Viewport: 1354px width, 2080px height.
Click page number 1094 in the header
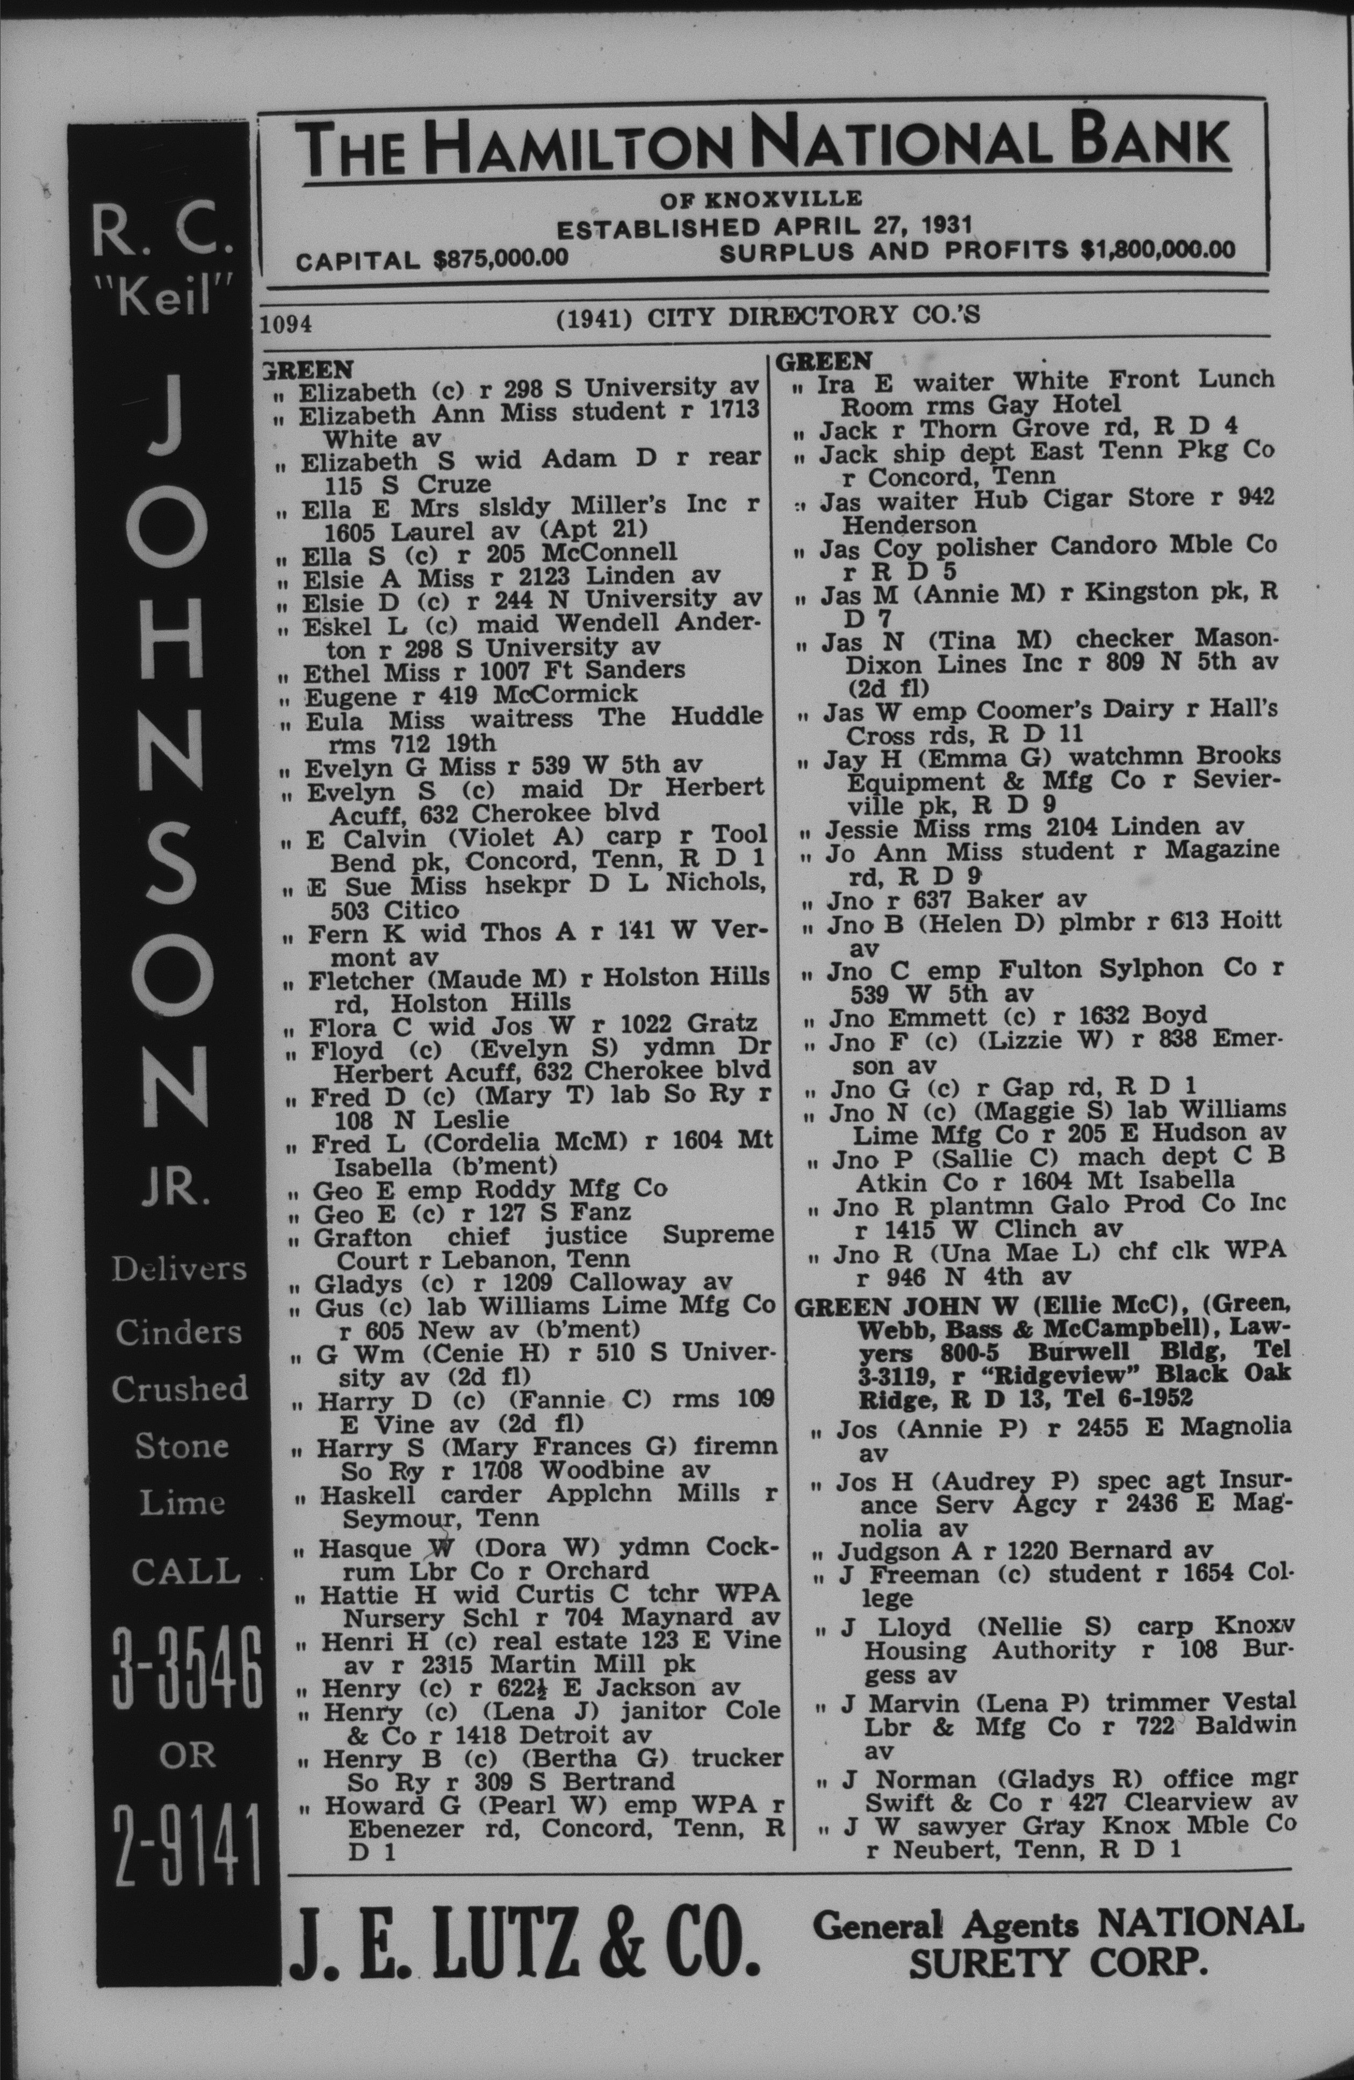pyautogui.click(x=287, y=324)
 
